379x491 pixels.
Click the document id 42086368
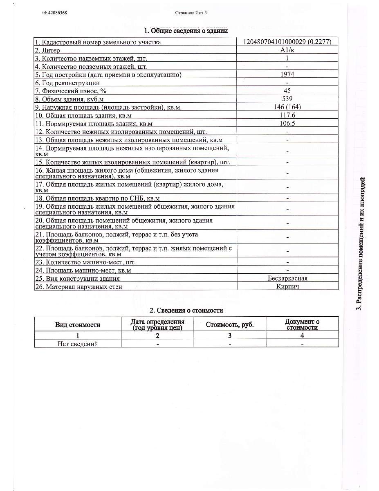(54, 13)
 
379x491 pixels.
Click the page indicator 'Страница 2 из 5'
(191, 13)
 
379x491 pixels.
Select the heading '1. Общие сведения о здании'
(186, 31)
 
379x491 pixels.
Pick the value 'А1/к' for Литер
(287, 50)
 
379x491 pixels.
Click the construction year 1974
(287, 74)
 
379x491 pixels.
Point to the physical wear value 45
(287, 90)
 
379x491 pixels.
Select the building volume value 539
(287, 99)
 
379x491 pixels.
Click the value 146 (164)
(287, 107)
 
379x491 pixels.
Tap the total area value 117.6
(287, 115)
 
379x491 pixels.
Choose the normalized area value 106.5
(287, 123)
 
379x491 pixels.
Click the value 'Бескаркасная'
(287, 278)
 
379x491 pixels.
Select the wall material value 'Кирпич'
(287, 286)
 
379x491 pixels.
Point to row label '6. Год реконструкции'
(61, 83)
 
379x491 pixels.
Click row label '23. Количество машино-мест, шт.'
(91, 262)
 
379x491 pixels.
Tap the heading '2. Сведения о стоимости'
(186, 311)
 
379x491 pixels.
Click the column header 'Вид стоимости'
(78, 324)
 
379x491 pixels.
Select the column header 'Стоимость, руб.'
(230, 324)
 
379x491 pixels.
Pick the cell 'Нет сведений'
(78, 344)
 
